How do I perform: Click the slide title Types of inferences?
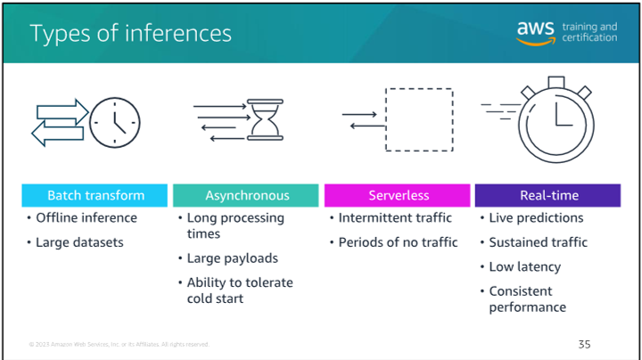pyautogui.click(x=130, y=34)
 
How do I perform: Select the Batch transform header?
pyautogui.click(x=95, y=195)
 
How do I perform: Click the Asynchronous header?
pyautogui.click(x=247, y=195)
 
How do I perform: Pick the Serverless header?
pyautogui.click(x=399, y=195)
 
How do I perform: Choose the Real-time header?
pyautogui.click(x=549, y=195)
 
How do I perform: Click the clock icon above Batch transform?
pyautogui.click(x=115, y=121)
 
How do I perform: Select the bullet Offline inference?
pyautogui.click(x=86, y=218)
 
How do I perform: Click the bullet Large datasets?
pyautogui.click(x=80, y=242)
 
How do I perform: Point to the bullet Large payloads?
pyautogui.click(x=232, y=258)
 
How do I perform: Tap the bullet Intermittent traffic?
pyautogui.click(x=395, y=218)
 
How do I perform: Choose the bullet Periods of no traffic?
pyautogui.click(x=398, y=242)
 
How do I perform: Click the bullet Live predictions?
pyautogui.click(x=536, y=218)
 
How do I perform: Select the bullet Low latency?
pyautogui.click(x=524, y=267)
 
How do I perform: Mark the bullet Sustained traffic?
pyautogui.click(x=538, y=242)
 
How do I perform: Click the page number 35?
pyautogui.click(x=584, y=343)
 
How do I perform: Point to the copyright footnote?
pyautogui.click(x=119, y=344)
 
